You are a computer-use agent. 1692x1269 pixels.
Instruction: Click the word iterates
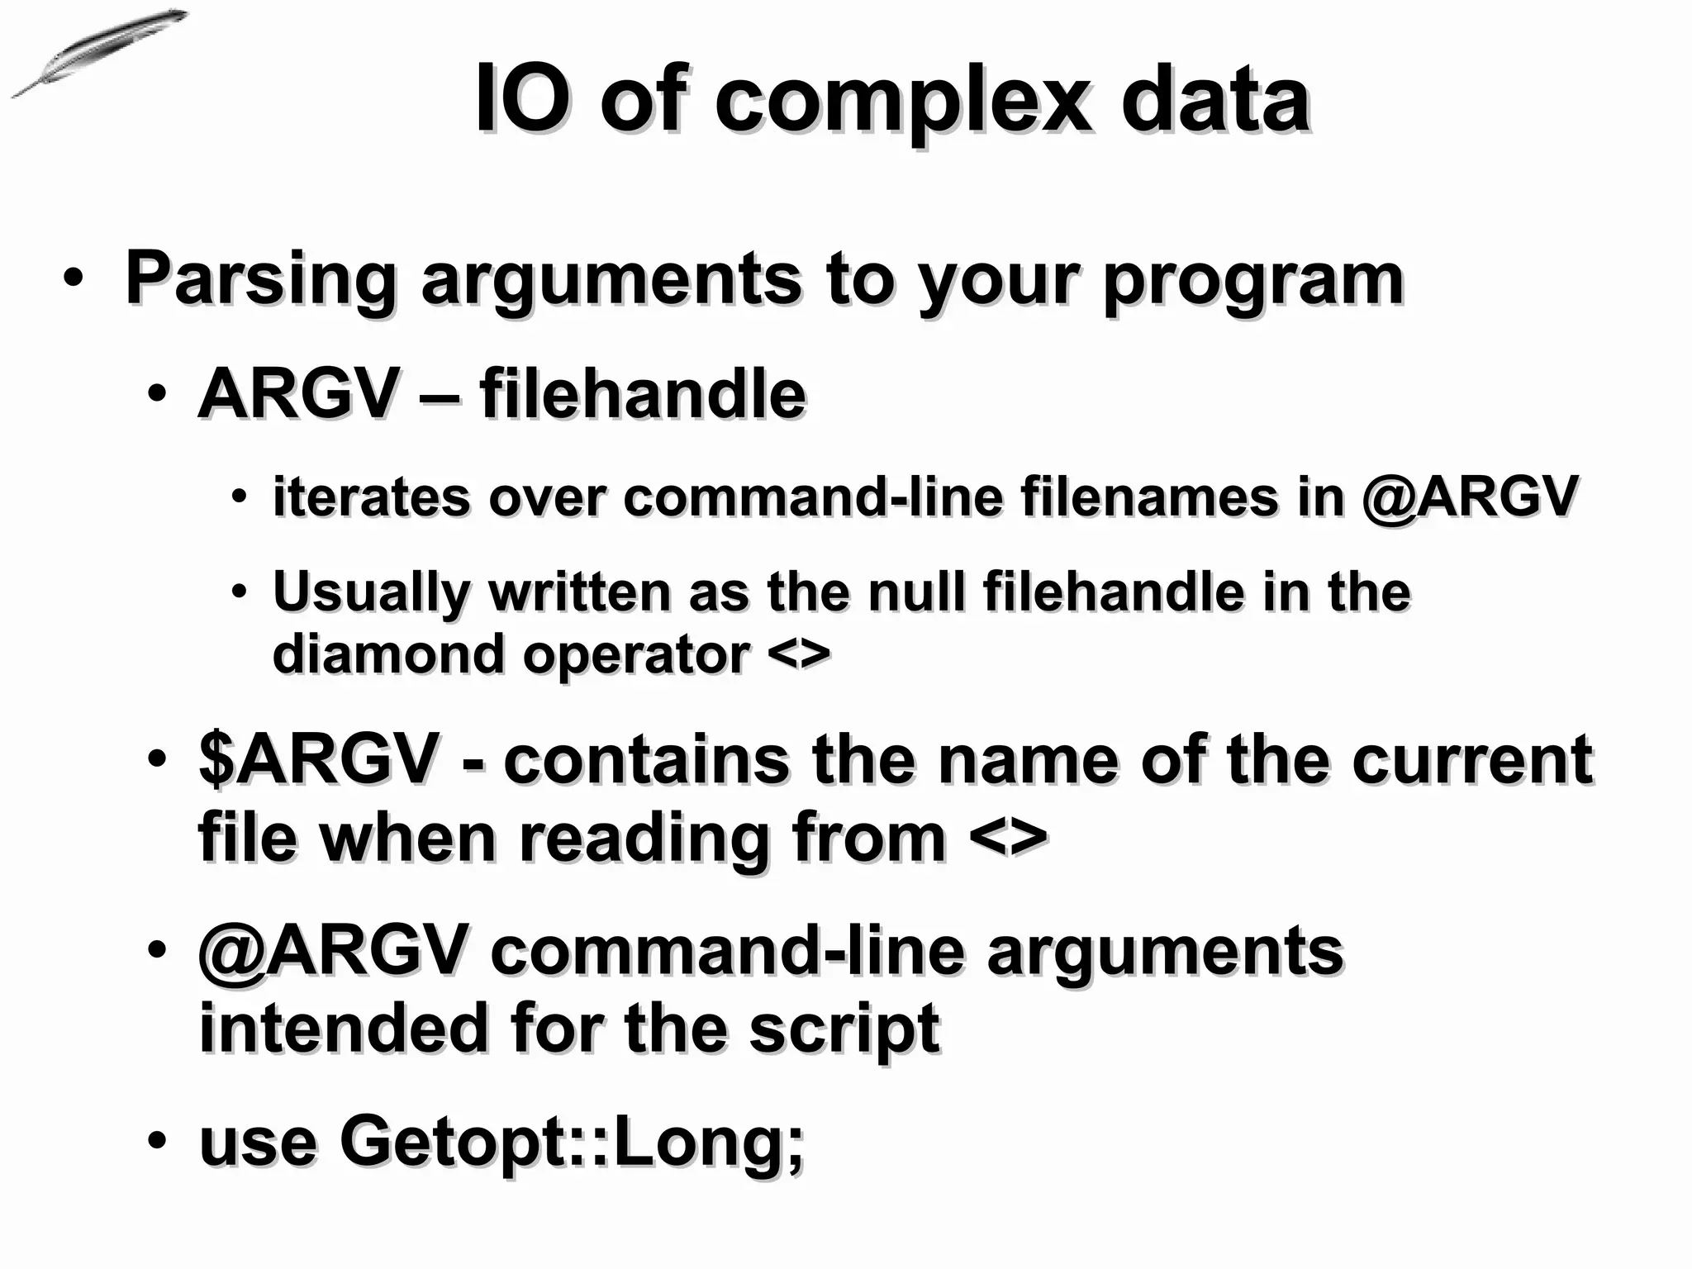370,497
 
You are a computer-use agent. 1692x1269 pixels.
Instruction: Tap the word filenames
1148,497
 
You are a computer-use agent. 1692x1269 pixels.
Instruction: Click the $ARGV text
318,760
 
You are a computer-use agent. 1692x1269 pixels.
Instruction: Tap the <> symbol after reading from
1008,838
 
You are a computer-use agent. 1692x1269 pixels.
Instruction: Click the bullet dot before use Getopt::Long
157,1141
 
